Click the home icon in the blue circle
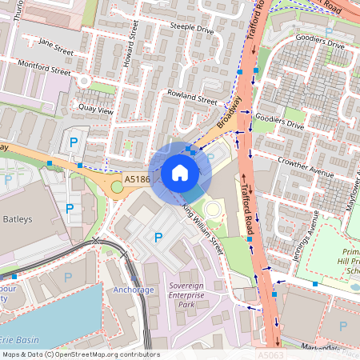coord(179,173)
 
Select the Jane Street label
coord(55,47)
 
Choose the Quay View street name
coord(94,108)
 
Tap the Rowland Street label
coord(192,98)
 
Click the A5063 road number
coord(270,354)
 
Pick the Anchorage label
coord(133,290)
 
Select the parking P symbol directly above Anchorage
coord(158,237)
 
